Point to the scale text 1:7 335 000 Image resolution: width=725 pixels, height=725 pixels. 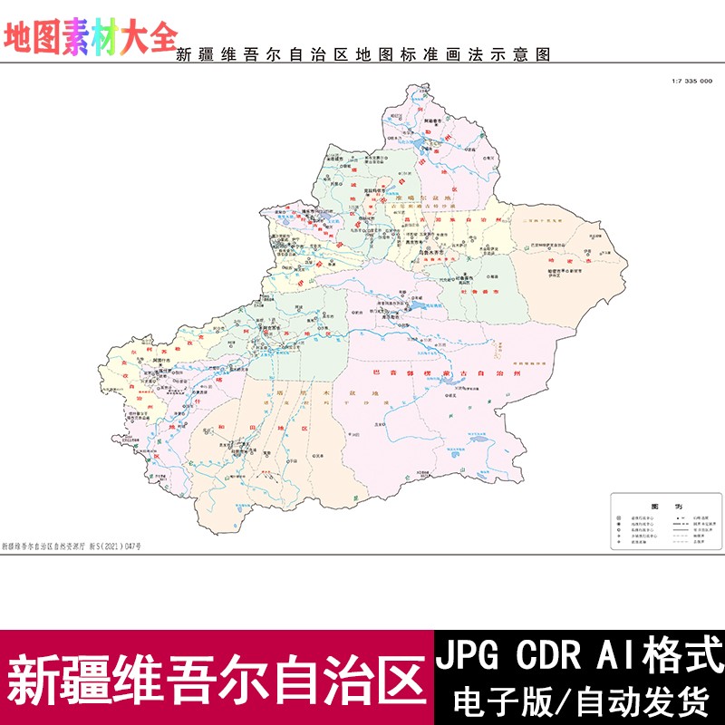691,82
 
